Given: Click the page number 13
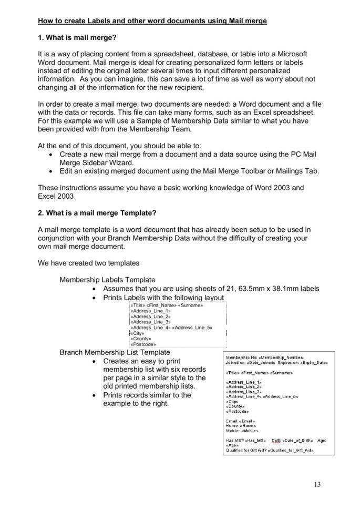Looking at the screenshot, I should [x=316, y=484].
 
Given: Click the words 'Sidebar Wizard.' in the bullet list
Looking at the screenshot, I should [x=111, y=163].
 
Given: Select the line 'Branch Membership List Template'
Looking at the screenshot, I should [x=115, y=352].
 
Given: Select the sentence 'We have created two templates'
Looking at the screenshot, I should [x=88, y=263].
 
